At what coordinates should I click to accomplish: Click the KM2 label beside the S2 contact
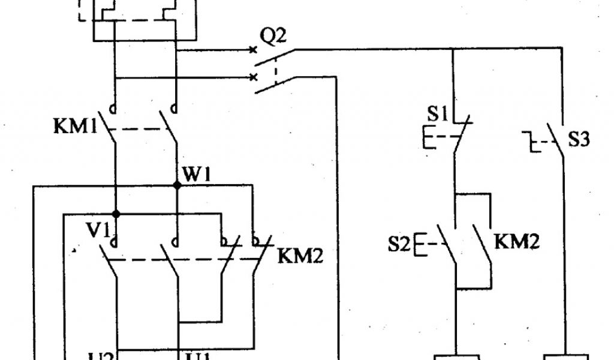(x=517, y=242)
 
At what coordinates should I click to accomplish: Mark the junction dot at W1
(x=177, y=186)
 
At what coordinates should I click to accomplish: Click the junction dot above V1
(x=117, y=214)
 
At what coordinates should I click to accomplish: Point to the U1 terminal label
(x=198, y=355)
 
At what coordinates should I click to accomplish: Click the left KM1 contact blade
(x=108, y=127)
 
